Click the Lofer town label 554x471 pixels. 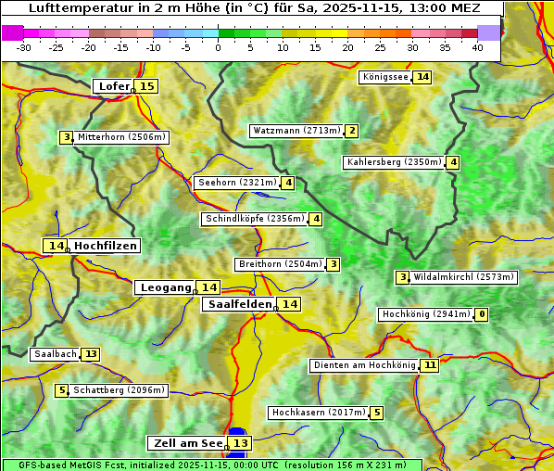112,86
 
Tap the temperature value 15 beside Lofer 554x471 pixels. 146,86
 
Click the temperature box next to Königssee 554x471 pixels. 422,77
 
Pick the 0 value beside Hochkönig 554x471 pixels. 481,314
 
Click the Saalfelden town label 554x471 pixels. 239,304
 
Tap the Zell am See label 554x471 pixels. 186,443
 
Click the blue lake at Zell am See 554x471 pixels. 237,434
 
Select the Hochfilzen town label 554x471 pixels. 106,246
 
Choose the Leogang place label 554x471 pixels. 165,287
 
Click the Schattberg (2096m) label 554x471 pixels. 119,390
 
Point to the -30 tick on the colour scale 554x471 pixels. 24,47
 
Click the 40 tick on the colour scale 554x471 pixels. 477,47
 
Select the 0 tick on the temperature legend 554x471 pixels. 219,47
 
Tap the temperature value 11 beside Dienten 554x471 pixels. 429,365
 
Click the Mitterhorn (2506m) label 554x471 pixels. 121,137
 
